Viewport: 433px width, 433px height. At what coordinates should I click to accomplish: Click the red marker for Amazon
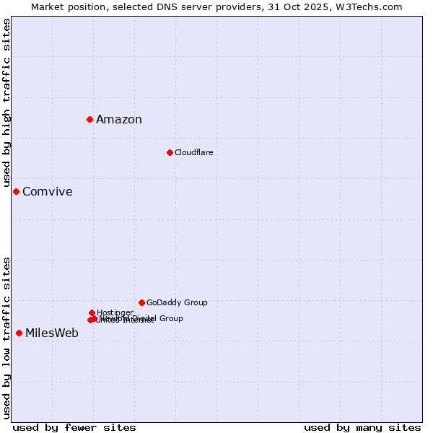89,119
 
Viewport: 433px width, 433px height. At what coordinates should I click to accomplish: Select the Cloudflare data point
170,152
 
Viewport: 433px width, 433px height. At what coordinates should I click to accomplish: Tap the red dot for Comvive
16,191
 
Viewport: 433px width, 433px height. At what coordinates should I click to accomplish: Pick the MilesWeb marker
19,333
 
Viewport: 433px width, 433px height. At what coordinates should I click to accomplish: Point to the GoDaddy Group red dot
141,302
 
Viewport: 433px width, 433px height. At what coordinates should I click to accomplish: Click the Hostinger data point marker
92,312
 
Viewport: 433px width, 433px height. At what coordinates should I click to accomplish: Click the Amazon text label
119,120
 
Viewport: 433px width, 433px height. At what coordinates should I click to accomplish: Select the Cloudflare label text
193,152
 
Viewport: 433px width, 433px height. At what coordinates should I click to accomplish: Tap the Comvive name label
48,192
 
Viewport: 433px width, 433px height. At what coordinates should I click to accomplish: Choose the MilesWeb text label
52,333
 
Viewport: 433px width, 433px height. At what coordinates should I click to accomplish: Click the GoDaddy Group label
177,302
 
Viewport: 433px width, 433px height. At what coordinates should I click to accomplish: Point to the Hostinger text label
115,312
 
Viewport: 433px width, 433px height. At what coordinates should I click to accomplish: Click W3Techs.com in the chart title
368,6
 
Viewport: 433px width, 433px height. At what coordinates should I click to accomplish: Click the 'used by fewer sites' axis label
74,427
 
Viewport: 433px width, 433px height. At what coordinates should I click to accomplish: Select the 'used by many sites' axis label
362,427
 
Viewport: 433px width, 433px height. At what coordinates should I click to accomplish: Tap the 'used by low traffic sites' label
6,338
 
